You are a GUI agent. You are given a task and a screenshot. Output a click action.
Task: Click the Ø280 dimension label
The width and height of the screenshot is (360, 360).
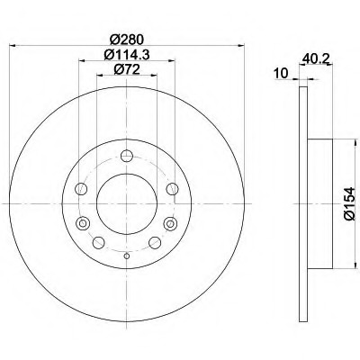coord(127,40)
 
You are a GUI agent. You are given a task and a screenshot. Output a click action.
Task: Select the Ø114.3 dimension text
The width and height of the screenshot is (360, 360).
coord(127,55)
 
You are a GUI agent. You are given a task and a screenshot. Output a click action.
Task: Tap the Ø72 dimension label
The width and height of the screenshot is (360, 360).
coord(127,70)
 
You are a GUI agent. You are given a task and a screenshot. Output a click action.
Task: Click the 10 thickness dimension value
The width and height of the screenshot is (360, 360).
coord(281,73)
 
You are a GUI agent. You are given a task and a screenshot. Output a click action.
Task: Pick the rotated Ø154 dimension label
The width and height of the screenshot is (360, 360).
coord(349,204)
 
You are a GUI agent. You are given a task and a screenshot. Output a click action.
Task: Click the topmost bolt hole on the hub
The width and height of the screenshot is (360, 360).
coord(127,156)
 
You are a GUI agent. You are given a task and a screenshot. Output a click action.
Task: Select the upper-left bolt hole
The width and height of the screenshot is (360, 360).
coord(81,189)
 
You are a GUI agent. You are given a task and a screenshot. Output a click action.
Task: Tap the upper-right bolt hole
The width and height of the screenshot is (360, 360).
coord(173,189)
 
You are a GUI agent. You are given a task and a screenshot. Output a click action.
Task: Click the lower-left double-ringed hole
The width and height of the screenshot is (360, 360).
coord(83,223)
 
